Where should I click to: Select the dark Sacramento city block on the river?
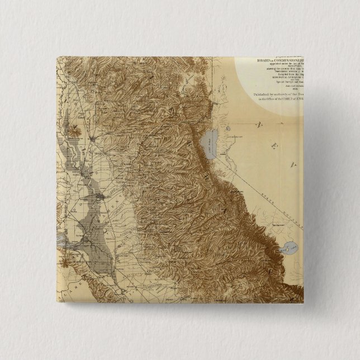[x=98, y=197]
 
